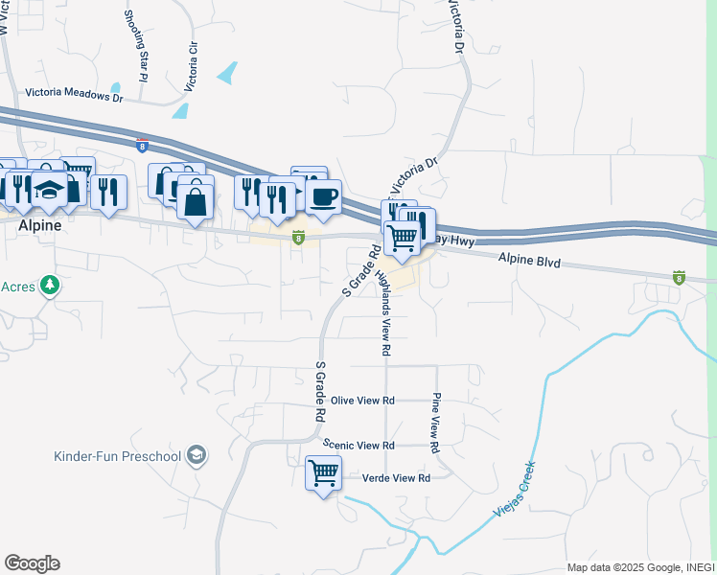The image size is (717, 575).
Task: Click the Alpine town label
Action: (x=39, y=225)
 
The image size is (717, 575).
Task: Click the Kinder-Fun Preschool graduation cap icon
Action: (x=197, y=454)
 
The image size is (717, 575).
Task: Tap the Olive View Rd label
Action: (x=362, y=401)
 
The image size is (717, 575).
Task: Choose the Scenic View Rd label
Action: (x=358, y=446)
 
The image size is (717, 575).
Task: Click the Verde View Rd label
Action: (x=396, y=477)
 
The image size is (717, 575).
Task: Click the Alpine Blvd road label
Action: (x=528, y=259)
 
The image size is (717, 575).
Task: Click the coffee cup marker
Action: (x=323, y=196)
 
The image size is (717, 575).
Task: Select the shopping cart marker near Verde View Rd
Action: (x=323, y=473)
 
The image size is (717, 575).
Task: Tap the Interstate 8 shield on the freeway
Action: (x=142, y=147)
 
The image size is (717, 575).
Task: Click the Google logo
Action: (x=32, y=563)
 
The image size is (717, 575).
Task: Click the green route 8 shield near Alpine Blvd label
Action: (x=680, y=277)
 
